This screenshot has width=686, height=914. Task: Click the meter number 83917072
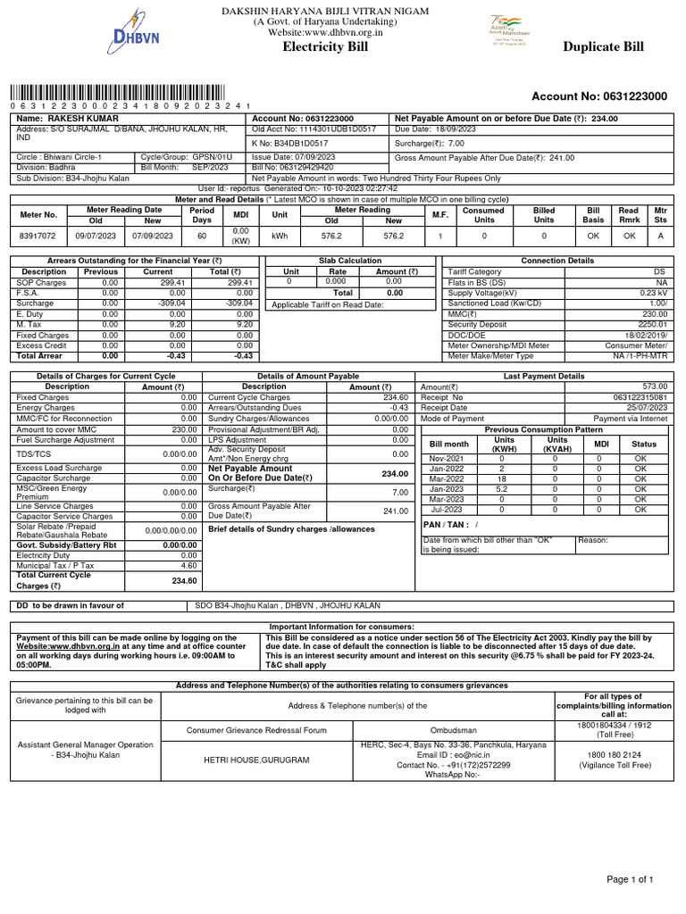point(38,236)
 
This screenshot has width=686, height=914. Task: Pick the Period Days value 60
point(202,236)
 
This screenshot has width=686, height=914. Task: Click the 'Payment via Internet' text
point(630,418)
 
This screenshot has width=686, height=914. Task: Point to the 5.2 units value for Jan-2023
point(502,488)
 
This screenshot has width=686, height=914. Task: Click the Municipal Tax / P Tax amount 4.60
point(188,565)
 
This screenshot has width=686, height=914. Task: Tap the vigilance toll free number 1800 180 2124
point(615,753)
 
